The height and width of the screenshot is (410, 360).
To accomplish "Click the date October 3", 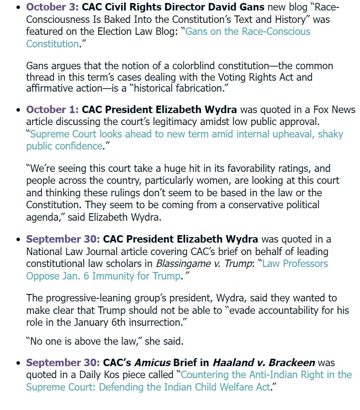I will point(52,7).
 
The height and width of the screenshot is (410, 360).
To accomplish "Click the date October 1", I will point(52,109).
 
